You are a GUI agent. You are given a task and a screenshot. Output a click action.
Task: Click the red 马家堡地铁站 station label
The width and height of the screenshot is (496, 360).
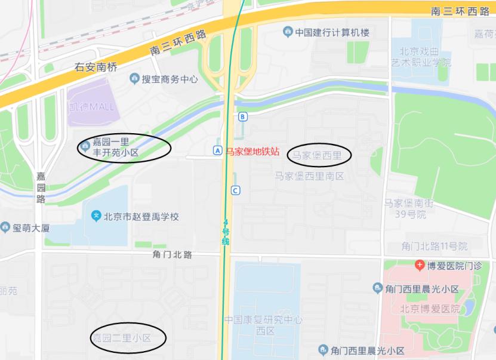252,152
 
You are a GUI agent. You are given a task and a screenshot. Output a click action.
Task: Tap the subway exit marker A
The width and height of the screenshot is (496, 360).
217,151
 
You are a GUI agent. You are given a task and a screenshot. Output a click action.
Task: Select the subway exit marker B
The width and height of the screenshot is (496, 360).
242,116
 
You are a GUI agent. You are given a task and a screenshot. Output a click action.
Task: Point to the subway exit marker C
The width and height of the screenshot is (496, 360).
236,190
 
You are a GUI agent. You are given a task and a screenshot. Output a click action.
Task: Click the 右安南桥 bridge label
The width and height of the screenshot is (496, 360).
95,67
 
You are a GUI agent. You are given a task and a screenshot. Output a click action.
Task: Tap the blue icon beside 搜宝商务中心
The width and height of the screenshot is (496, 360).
134,79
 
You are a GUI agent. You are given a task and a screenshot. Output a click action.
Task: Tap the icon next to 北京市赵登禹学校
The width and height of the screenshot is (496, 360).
95,216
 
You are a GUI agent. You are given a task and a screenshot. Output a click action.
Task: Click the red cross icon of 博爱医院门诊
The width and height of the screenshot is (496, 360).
420,264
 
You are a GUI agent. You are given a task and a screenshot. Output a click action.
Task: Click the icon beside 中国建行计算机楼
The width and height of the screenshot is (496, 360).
288,32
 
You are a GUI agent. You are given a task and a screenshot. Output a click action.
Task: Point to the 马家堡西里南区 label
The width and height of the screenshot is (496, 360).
309,176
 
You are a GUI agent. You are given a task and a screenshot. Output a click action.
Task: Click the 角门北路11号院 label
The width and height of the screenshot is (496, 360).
434,246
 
